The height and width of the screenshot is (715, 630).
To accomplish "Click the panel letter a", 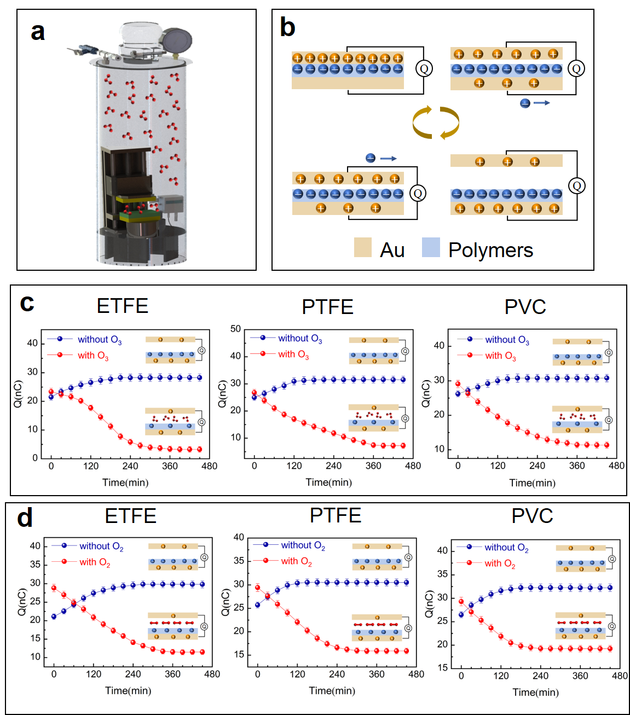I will click(37, 32).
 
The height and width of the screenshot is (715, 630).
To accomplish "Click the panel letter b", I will click(288, 27).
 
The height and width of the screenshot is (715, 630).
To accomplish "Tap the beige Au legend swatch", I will click(362, 247).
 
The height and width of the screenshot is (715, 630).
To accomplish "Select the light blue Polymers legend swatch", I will click(431, 247).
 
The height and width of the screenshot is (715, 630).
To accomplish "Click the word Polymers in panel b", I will click(490, 250).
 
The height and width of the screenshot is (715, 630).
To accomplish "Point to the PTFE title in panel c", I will click(327, 307).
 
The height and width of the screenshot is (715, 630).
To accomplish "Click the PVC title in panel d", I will click(532, 515).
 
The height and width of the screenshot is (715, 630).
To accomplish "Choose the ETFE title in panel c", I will click(123, 306).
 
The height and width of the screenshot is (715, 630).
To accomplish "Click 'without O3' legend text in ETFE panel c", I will click(100, 340).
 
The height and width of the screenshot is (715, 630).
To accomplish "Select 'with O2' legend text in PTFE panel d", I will click(296, 561).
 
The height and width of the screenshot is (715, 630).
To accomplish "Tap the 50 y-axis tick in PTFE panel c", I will click(235, 329).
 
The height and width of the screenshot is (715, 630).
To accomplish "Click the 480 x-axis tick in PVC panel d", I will click(620, 676).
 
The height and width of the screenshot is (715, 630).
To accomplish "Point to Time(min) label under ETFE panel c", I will click(125, 483).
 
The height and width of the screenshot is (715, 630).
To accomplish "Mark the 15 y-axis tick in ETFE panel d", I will click(36, 638).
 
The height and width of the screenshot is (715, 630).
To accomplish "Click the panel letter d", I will click(25, 517).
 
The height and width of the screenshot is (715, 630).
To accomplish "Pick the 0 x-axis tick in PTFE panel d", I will click(258, 674).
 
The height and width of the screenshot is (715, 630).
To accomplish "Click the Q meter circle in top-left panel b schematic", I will click(424, 68).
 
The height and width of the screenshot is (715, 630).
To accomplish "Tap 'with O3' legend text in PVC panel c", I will click(500, 356).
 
